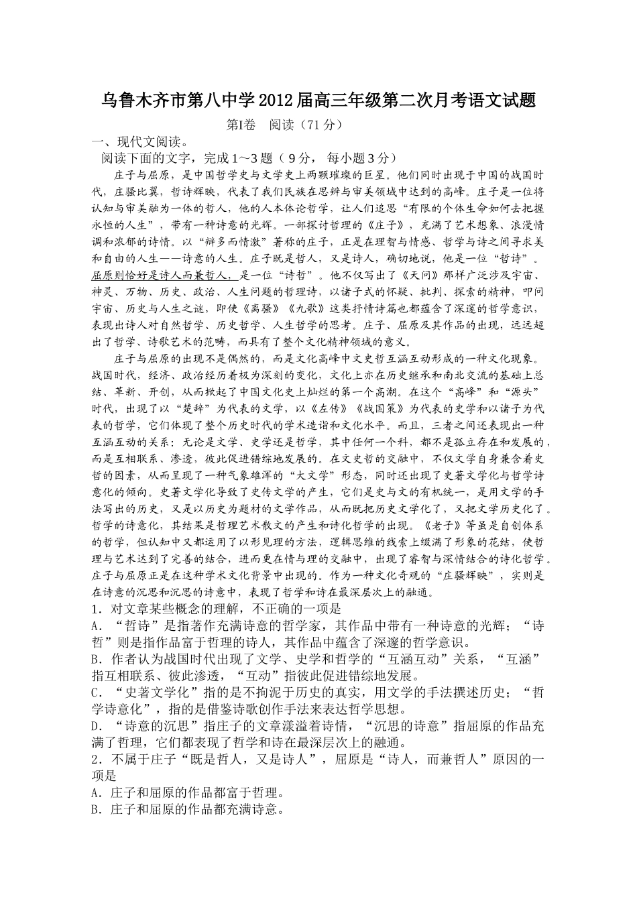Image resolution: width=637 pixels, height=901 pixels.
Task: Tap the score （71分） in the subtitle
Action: coord(321,125)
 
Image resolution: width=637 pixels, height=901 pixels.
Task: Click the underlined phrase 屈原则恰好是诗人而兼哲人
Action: coord(164,275)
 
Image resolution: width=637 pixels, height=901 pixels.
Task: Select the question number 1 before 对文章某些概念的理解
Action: coord(95,609)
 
